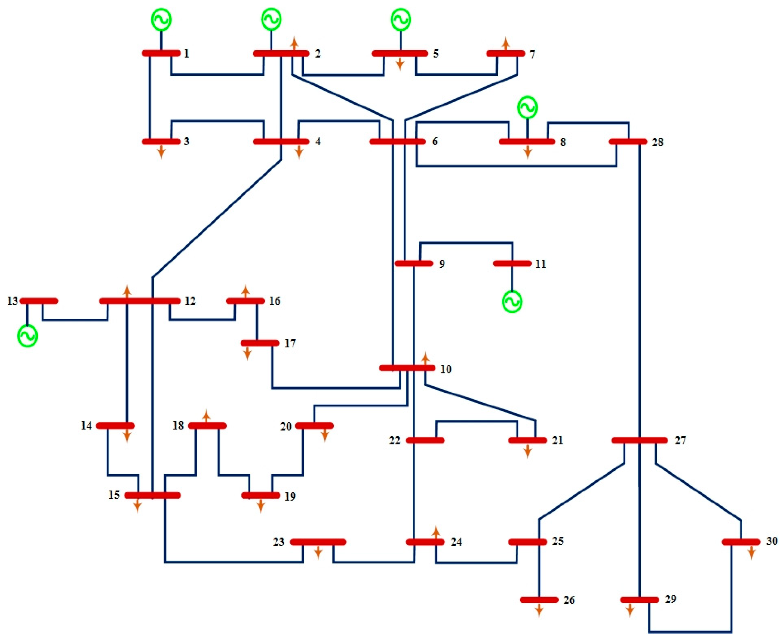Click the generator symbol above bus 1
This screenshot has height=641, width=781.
click(161, 20)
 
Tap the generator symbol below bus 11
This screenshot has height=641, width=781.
click(512, 302)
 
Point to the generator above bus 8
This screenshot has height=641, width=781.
click(527, 107)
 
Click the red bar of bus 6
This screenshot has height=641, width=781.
click(397, 141)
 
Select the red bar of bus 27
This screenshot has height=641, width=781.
click(639, 440)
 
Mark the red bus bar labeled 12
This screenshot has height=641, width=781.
click(140, 301)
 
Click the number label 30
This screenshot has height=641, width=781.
click(772, 541)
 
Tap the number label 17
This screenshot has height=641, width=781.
click(290, 343)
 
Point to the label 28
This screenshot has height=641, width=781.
click(657, 142)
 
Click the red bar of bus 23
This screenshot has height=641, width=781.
click(318, 542)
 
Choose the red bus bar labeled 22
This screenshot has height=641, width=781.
click(425, 440)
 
